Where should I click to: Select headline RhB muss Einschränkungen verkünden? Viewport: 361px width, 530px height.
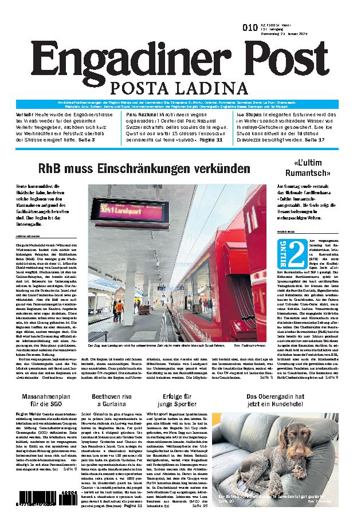[144, 168]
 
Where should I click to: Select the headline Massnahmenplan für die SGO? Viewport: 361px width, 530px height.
[47, 401]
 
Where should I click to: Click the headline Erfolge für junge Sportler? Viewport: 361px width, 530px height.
[180, 401]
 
